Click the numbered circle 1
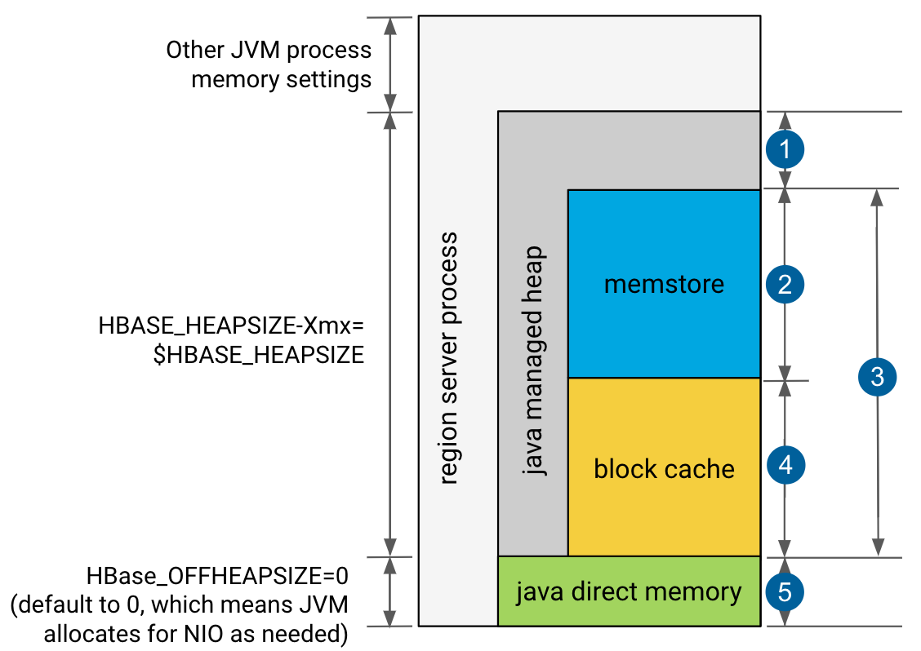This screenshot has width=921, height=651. [x=785, y=149]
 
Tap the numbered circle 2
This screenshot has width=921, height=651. [x=785, y=285]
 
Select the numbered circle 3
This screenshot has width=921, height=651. [x=877, y=377]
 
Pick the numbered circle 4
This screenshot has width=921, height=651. [x=785, y=466]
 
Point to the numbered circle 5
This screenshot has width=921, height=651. [x=785, y=592]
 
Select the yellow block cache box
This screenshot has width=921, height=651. [x=664, y=506]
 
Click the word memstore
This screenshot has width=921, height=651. [x=664, y=285]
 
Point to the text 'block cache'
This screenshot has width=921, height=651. [x=664, y=469]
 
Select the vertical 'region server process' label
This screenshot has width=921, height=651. [x=448, y=359]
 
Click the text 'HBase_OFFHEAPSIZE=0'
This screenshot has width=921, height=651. [x=218, y=576]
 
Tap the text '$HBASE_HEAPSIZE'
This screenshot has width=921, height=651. [x=259, y=355]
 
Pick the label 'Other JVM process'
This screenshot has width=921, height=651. [x=269, y=51]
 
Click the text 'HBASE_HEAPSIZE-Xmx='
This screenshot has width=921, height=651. [x=230, y=326]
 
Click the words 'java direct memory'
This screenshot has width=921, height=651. [x=629, y=591]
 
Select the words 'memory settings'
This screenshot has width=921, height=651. [x=281, y=80]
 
